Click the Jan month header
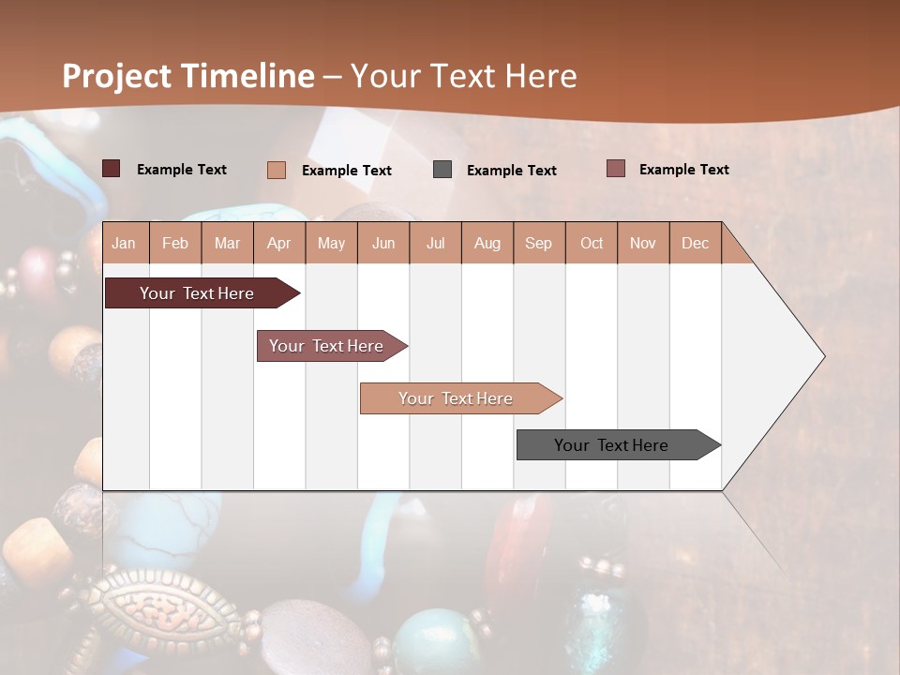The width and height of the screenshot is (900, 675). pos(124,243)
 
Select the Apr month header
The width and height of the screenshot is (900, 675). pos(279,243)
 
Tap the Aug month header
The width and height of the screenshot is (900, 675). pos(487,243)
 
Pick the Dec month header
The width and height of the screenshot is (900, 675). pos(696,243)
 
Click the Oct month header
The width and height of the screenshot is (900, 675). pos(592,243)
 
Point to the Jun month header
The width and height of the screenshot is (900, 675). pos(383,243)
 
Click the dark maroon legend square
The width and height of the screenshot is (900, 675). pos(111,169)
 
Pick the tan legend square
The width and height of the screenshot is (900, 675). pos(276,170)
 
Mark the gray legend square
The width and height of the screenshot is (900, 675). pos(442,170)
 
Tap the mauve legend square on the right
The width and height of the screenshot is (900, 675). pos(615,169)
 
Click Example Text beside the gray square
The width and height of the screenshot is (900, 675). pos(512,170)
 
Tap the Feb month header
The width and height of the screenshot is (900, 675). pos(175,243)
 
